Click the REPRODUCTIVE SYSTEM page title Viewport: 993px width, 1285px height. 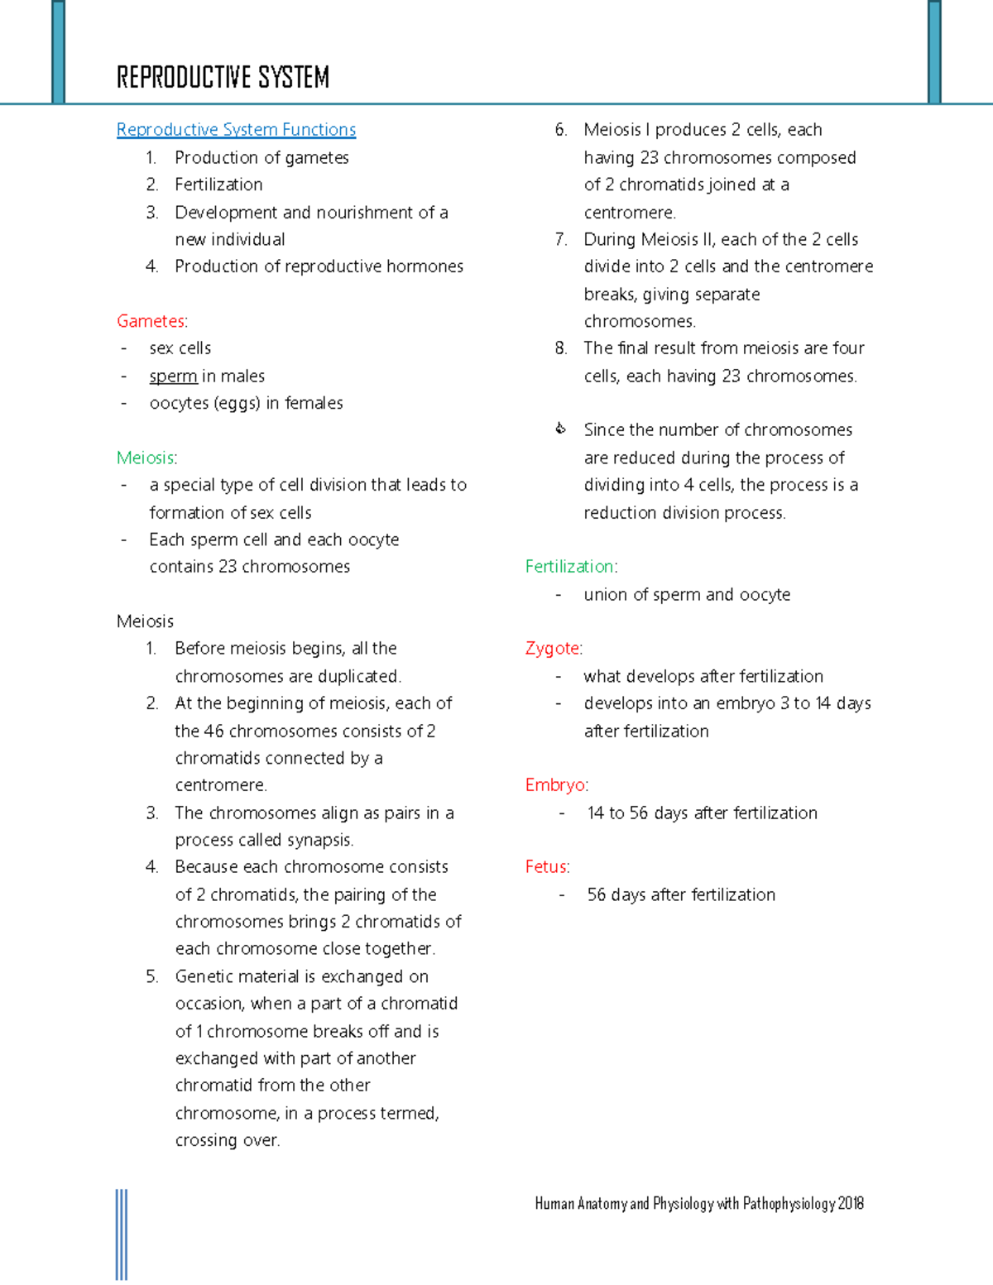pyautogui.click(x=223, y=78)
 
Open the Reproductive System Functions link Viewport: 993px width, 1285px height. pyautogui.click(x=236, y=130)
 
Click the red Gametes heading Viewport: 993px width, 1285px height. pyautogui.click(x=151, y=321)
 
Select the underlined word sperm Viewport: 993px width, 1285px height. pyautogui.click(x=173, y=376)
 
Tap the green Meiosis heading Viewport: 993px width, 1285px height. pyautogui.click(x=146, y=458)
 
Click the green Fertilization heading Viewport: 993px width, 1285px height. pyautogui.click(x=569, y=567)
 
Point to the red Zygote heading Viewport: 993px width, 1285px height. pyautogui.click(x=552, y=649)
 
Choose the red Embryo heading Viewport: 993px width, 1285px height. pyautogui.click(x=555, y=785)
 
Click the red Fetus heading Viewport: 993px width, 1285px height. pyautogui.click(x=546, y=867)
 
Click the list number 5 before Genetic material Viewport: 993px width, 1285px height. pyautogui.click(x=151, y=977)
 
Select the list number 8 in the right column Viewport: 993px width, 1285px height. pyautogui.click(x=561, y=348)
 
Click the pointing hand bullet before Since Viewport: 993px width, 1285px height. pyautogui.click(x=560, y=429)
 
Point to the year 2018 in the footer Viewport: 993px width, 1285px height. pyautogui.click(x=851, y=1204)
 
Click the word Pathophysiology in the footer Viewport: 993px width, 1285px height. pyautogui.click(x=788, y=1204)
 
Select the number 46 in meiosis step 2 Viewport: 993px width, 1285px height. pyautogui.click(x=213, y=731)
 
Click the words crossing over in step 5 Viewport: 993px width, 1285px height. pyautogui.click(x=227, y=1141)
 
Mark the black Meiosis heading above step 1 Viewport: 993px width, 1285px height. pyautogui.click(x=145, y=621)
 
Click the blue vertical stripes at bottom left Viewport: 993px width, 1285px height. pyautogui.click(x=122, y=1235)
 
